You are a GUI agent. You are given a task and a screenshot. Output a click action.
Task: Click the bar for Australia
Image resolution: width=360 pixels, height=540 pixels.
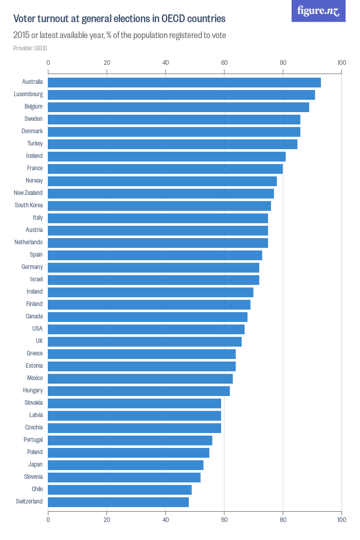tap(184, 82)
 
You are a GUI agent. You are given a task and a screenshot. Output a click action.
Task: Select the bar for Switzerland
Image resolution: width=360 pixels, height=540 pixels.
tap(118, 502)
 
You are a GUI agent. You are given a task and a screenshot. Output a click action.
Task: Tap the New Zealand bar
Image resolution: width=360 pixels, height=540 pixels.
tap(161, 193)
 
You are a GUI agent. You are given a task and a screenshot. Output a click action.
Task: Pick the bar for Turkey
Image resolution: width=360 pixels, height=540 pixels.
tap(173, 144)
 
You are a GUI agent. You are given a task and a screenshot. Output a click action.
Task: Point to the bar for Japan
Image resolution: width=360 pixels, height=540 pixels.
tap(125, 465)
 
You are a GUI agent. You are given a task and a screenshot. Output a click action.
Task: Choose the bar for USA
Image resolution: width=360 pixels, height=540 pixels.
tap(146, 329)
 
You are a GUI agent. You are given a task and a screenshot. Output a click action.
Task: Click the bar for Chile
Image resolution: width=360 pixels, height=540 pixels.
tap(120, 490)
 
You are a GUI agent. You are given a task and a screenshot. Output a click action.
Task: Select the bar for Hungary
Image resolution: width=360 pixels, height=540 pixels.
tap(139, 391)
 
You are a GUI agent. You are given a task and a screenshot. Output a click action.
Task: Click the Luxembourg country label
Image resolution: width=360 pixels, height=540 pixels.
tap(28, 95)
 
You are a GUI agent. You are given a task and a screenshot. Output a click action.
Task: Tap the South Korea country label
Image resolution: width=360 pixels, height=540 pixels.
tap(29, 205)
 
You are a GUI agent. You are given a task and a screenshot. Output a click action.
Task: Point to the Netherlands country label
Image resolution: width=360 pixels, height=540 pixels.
tap(29, 242)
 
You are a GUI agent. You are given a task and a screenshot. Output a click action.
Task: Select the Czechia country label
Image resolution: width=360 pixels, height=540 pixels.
tap(34, 427)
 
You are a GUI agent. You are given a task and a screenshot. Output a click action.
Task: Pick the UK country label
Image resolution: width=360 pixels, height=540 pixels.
tap(39, 341)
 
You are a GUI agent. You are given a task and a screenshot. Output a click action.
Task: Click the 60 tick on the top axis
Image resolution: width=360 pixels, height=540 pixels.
tap(224, 63)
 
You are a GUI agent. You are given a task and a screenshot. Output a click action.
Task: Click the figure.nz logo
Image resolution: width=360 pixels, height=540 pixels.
tap(318, 11)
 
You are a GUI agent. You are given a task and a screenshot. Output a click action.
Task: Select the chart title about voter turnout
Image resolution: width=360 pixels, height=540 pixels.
tap(119, 19)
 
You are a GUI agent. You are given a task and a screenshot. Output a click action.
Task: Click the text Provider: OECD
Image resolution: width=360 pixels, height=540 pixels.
tap(30, 48)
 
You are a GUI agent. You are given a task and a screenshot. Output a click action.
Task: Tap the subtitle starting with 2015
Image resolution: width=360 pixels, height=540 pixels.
tap(120, 35)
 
